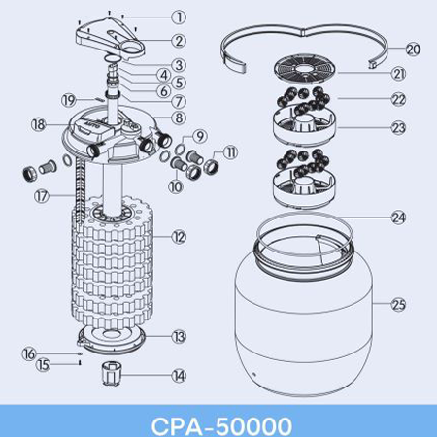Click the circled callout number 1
click(x=179, y=17)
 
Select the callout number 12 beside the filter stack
click(x=179, y=237)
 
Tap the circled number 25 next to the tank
click(x=398, y=304)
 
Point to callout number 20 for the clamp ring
click(x=413, y=50)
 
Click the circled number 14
click(x=179, y=376)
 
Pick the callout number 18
click(x=39, y=124)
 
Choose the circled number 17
click(x=42, y=196)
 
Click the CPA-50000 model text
click(x=221, y=425)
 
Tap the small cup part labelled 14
click(x=112, y=374)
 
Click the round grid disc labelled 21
click(x=305, y=68)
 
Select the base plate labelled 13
click(x=112, y=339)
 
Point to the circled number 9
click(x=200, y=136)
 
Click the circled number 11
click(x=230, y=152)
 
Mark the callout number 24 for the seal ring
click(x=398, y=218)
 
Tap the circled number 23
click(x=398, y=127)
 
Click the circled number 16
click(x=29, y=353)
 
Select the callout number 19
click(x=69, y=100)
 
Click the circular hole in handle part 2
click(x=133, y=49)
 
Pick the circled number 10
click(x=176, y=186)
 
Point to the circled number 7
click(x=179, y=101)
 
